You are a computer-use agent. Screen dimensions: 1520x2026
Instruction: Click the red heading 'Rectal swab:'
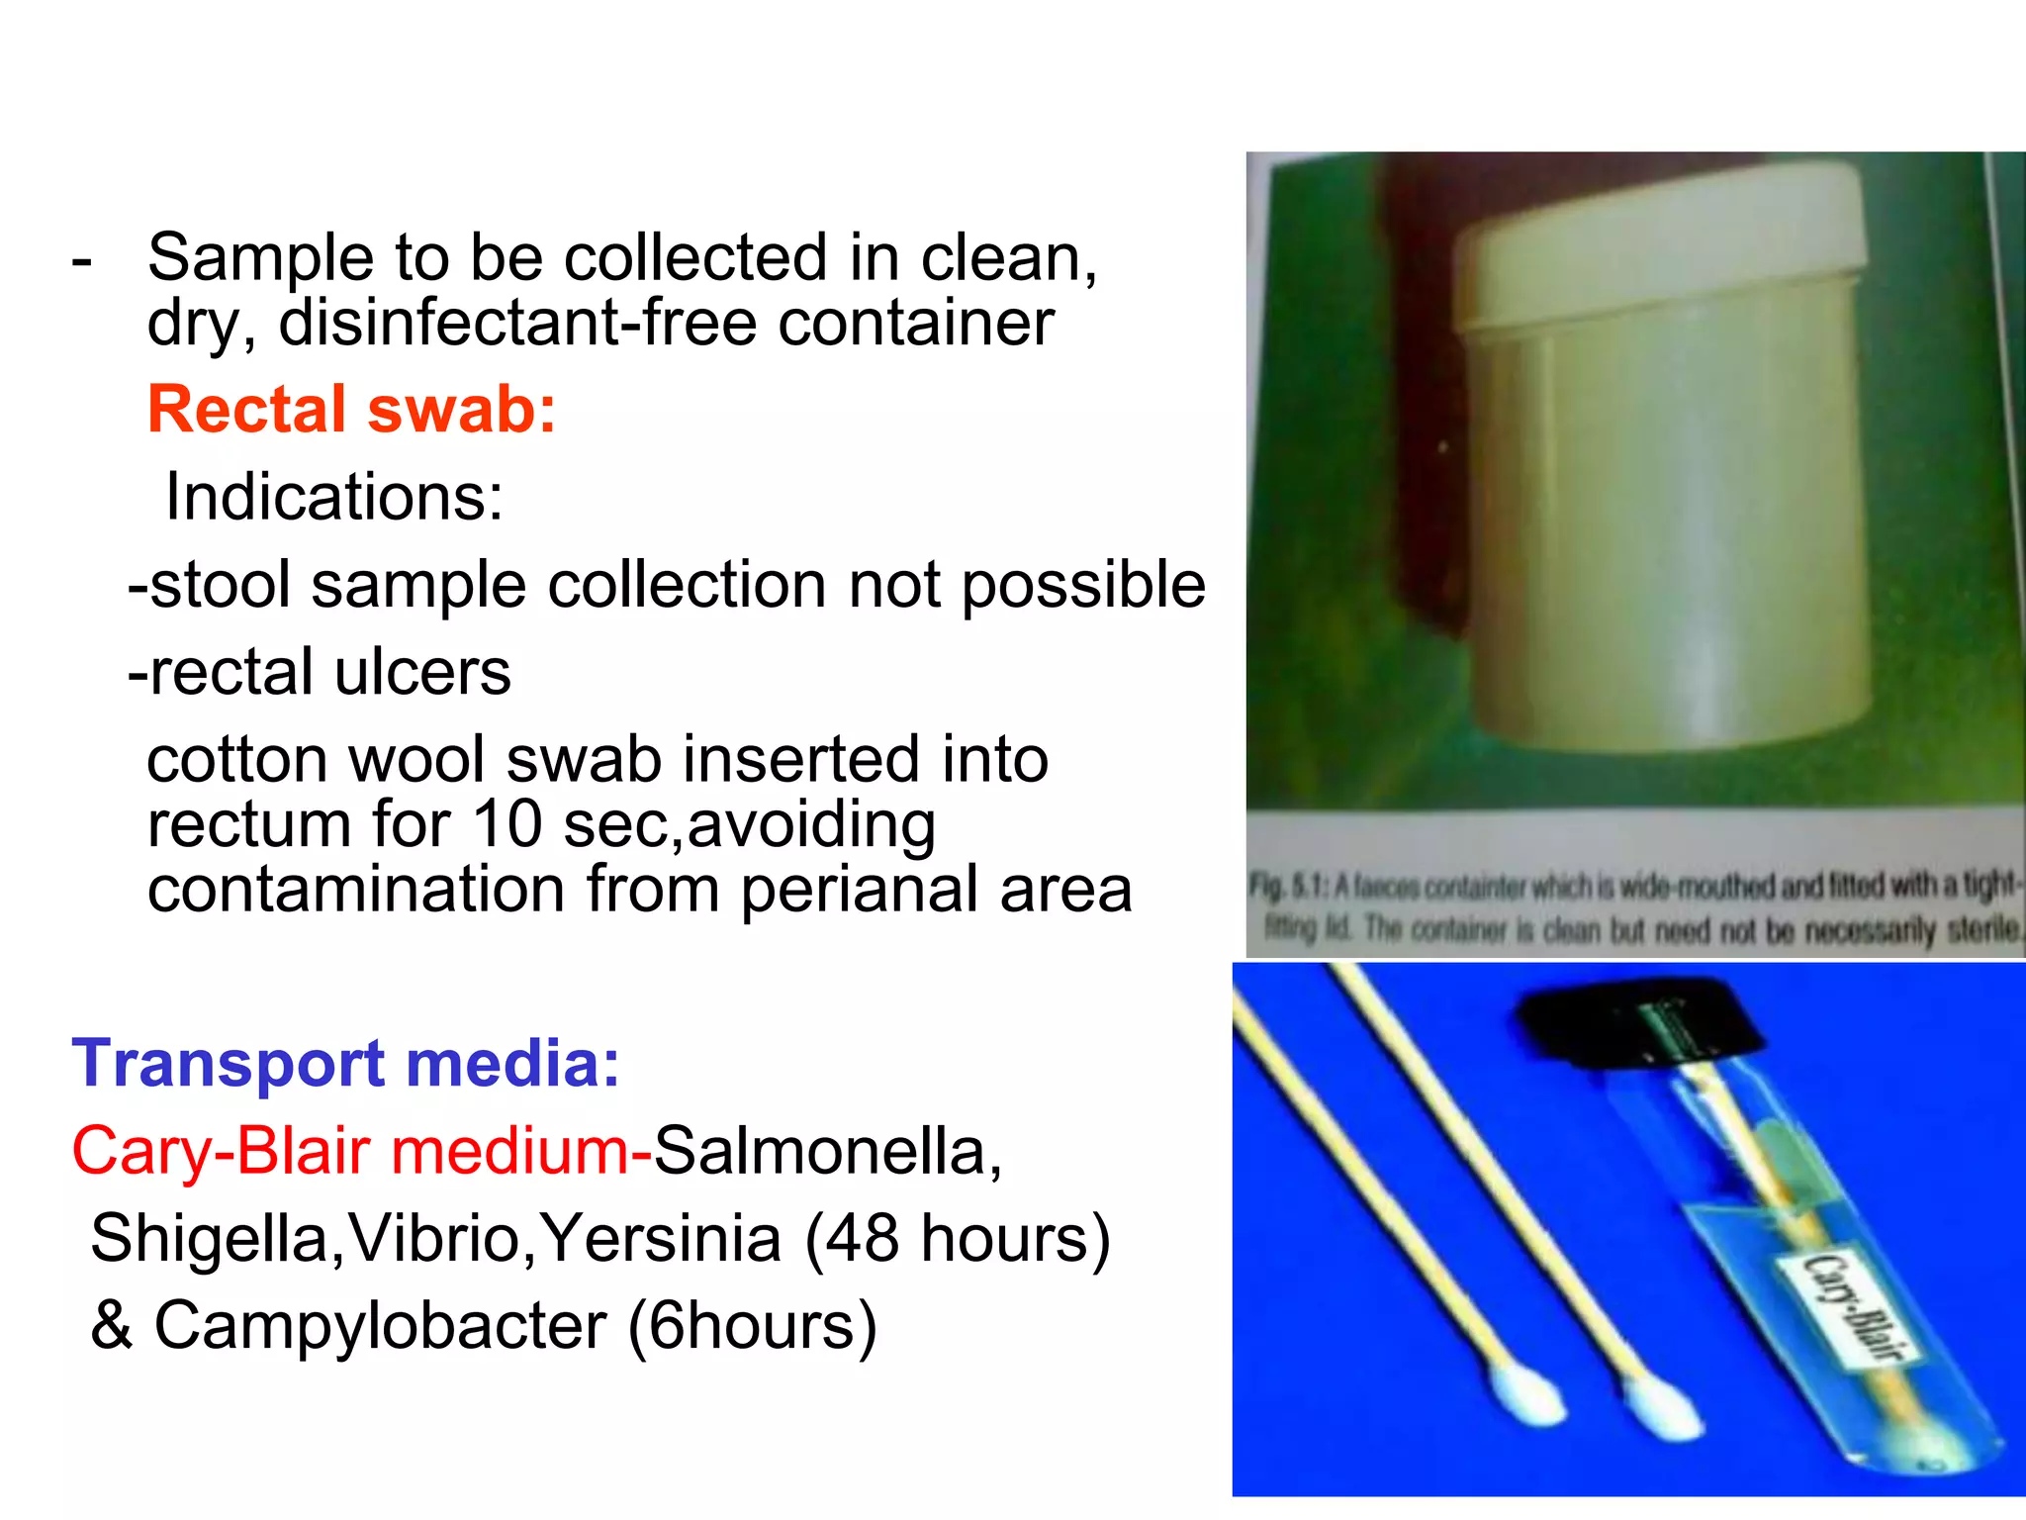coord(351,409)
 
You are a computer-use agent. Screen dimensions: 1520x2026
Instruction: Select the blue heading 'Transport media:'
coord(345,1063)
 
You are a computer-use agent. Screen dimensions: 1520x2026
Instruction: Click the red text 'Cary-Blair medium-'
coord(361,1151)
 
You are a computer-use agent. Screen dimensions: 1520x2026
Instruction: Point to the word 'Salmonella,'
coord(828,1151)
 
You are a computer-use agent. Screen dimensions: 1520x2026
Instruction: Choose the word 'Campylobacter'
coord(380,1325)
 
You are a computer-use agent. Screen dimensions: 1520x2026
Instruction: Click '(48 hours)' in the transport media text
coord(958,1238)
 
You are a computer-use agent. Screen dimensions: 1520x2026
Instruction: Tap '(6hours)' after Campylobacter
coord(752,1325)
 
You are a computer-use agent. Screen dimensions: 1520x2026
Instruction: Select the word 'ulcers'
coord(422,672)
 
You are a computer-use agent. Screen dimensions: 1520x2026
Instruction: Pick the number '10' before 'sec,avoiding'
coord(506,824)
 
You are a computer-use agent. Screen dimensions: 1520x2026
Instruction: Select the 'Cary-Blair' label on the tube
coord(1847,1306)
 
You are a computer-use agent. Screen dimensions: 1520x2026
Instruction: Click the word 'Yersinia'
coord(661,1238)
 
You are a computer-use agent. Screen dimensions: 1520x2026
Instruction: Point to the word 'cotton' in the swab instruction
coord(236,760)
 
